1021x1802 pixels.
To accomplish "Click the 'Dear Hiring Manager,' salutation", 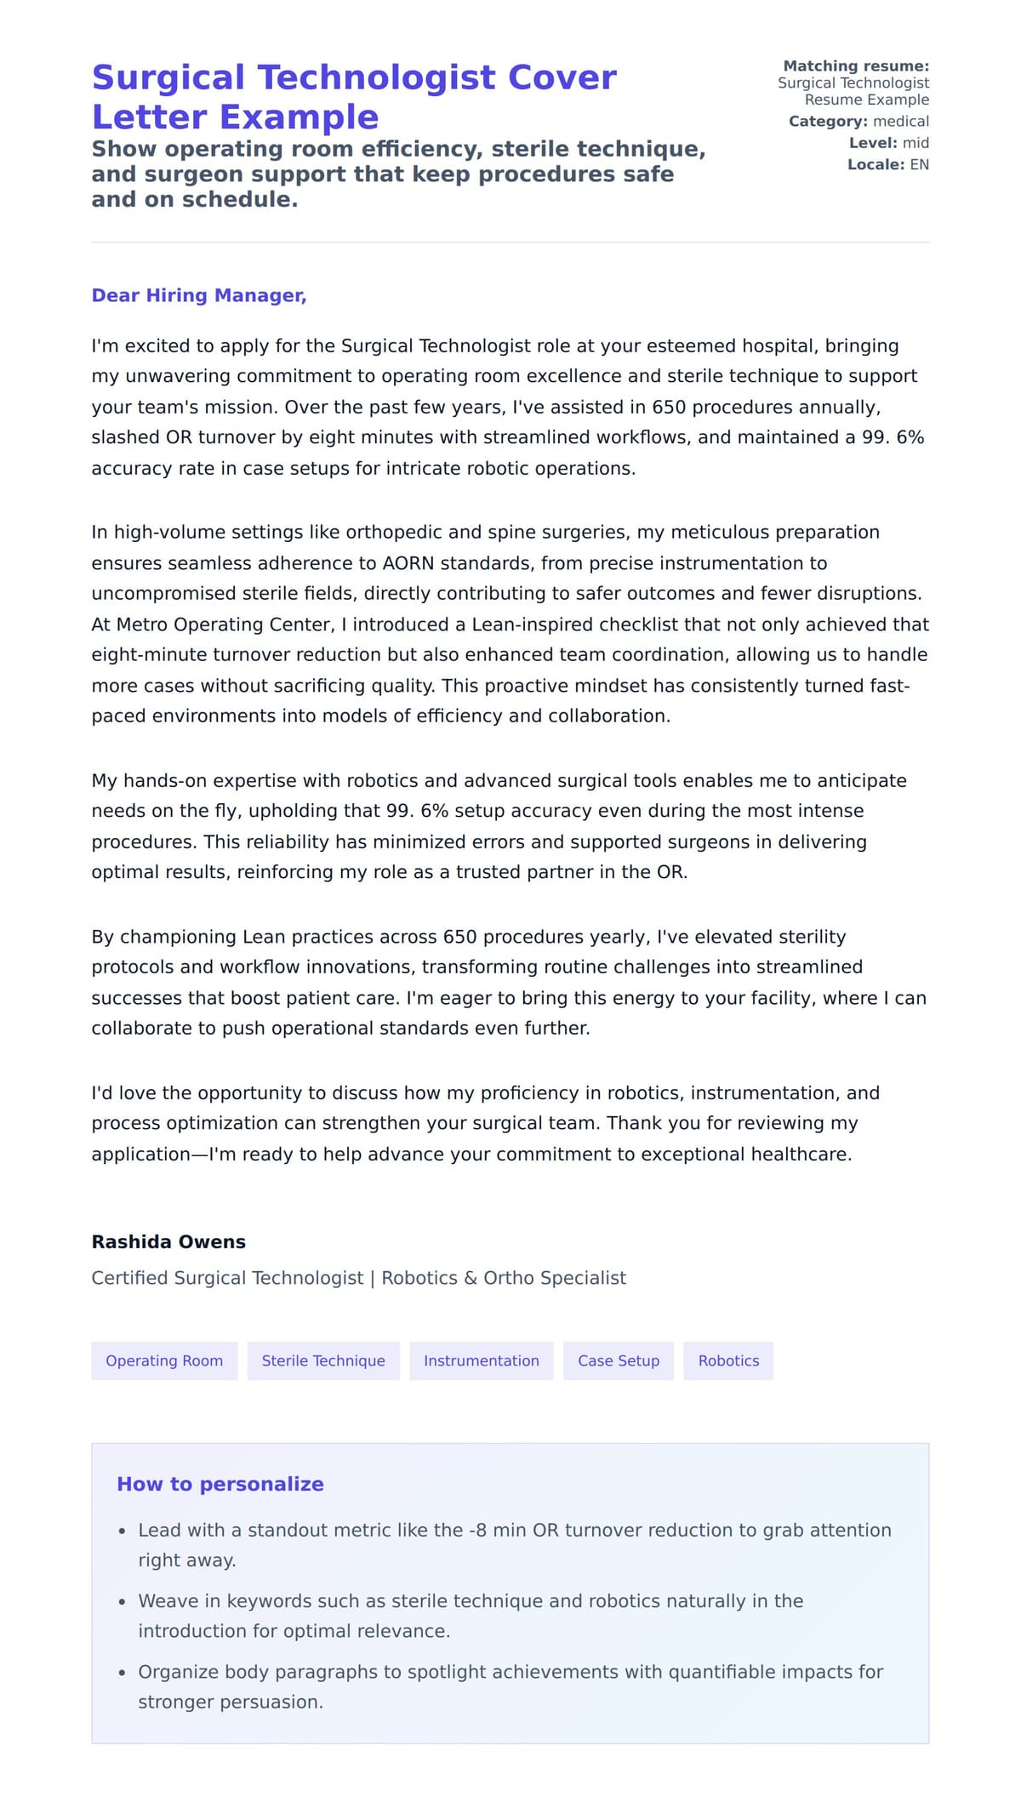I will [x=198, y=295].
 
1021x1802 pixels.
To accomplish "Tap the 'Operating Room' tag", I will [x=164, y=1360].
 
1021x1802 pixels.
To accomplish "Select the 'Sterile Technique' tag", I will [x=323, y=1360].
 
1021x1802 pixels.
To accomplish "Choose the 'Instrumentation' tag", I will [x=481, y=1360].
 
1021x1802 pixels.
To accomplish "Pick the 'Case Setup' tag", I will [x=619, y=1360].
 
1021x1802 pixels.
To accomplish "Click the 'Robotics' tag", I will [x=728, y=1360].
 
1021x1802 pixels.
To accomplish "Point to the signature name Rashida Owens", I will [x=168, y=1241].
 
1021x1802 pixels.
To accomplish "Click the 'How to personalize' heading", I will [x=220, y=1484].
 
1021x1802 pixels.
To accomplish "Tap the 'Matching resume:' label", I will [x=856, y=66].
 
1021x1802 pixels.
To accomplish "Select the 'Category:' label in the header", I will [x=828, y=122].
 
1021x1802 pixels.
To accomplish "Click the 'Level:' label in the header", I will [x=873, y=143].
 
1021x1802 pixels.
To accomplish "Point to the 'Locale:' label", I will [x=876, y=164].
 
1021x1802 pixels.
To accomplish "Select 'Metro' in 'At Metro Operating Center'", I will [x=142, y=624].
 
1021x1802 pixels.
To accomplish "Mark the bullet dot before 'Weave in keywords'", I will [x=122, y=1602].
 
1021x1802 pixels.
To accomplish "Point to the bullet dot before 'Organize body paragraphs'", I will [x=122, y=1673].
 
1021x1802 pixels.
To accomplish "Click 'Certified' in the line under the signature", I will [x=129, y=1278].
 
